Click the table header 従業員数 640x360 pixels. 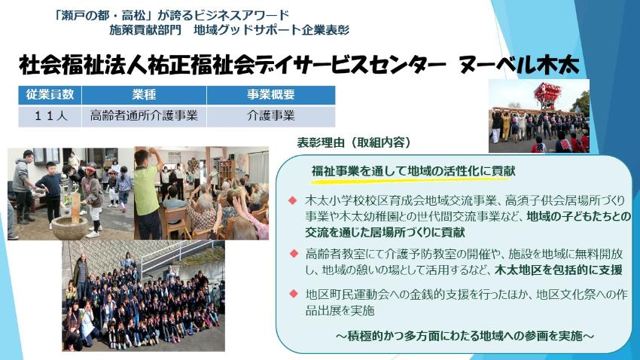(x=50, y=95)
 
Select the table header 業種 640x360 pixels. (x=144, y=95)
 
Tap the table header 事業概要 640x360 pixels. (x=271, y=95)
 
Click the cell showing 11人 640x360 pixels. (x=50, y=116)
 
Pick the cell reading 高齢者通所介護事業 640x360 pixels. (x=144, y=116)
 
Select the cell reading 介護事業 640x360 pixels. (x=271, y=116)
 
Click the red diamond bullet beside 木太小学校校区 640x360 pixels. (x=292, y=200)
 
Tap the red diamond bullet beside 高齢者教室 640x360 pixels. (x=294, y=254)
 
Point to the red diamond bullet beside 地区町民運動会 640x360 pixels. (x=294, y=294)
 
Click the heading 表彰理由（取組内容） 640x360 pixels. (x=353, y=142)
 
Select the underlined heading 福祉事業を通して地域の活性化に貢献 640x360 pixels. (x=413, y=171)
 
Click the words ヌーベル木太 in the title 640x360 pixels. (x=519, y=66)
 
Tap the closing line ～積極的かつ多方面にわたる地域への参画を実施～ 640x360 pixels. (x=465, y=336)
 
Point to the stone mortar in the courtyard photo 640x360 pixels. (x=70, y=227)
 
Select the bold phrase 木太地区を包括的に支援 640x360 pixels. (x=559, y=270)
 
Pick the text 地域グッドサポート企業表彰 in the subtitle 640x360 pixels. (x=271, y=30)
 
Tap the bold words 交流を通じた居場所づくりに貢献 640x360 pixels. (x=385, y=232)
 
